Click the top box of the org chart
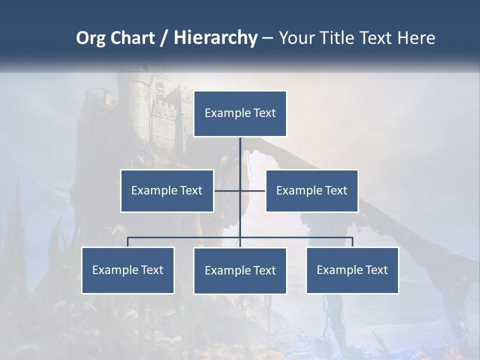point(240,113)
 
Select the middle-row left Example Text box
point(167,190)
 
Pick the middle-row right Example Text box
point(312,190)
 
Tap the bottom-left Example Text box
point(128,270)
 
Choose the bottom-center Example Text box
point(240,270)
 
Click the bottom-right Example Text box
point(352,270)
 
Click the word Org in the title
point(90,38)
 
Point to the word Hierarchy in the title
point(215,38)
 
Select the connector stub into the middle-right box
point(253,190)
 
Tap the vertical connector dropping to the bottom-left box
point(128,242)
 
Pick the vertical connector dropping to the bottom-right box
point(352,242)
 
